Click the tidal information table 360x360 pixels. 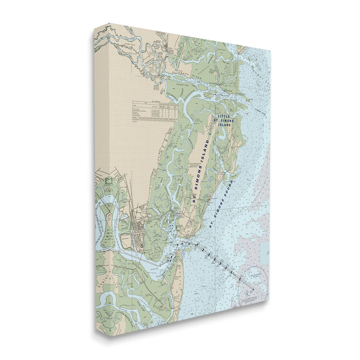point(155,111)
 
